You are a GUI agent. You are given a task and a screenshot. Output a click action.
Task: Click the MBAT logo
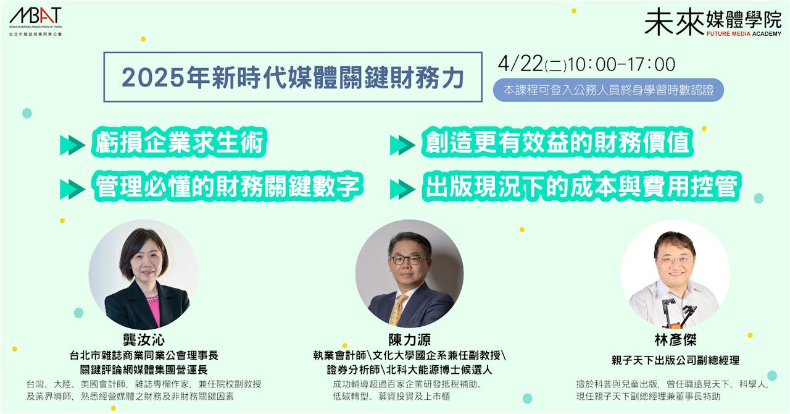pyautogui.click(x=35, y=21)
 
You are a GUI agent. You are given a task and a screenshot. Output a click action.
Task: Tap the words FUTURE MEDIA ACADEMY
pyautogui.click(x=744, y=34)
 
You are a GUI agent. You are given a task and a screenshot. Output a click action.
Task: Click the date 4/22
pyautogui.click(x=520, y=64)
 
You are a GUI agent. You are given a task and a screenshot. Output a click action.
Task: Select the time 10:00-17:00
pyautogui.click(x=622, y=65)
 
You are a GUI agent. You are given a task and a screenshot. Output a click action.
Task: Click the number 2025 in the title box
pyautogui.click(x=152, y=78)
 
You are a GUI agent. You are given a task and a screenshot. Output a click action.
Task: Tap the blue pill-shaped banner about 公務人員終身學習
pyautogui.click(x=609, y=90)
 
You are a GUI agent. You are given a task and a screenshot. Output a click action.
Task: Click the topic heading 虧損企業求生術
pyautogui.click(x=179, y=142)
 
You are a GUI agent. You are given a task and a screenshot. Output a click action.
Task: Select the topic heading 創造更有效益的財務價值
pyautogui.click(x=557, y=142)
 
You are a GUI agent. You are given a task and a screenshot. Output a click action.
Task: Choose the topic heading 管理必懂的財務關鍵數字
pyautogui.click(x=228, y=187)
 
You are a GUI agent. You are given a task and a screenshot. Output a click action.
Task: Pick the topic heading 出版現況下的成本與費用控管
pyautogui.click(x=581, y=187)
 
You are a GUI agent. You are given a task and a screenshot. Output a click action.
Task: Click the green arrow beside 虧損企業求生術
pyautogui.click(x=72, y=145)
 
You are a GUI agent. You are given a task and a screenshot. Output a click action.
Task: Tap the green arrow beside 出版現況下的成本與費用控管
pyautogui.click(x=402, y=189)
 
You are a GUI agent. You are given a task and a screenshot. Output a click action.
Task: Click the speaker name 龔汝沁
pyautogui.click(x=144, y=340)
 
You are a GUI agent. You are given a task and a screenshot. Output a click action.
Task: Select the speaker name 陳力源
pyautogui.click(x=409, y=340)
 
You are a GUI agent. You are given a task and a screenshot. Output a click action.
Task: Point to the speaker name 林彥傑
pyautogui.click(x=675, y=340)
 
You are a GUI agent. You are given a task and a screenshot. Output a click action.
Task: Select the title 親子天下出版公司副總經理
pyautogui.click(x=675, y=360)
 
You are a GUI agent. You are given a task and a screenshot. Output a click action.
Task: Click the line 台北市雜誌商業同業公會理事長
pyautogui.click(x=144, y=355)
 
